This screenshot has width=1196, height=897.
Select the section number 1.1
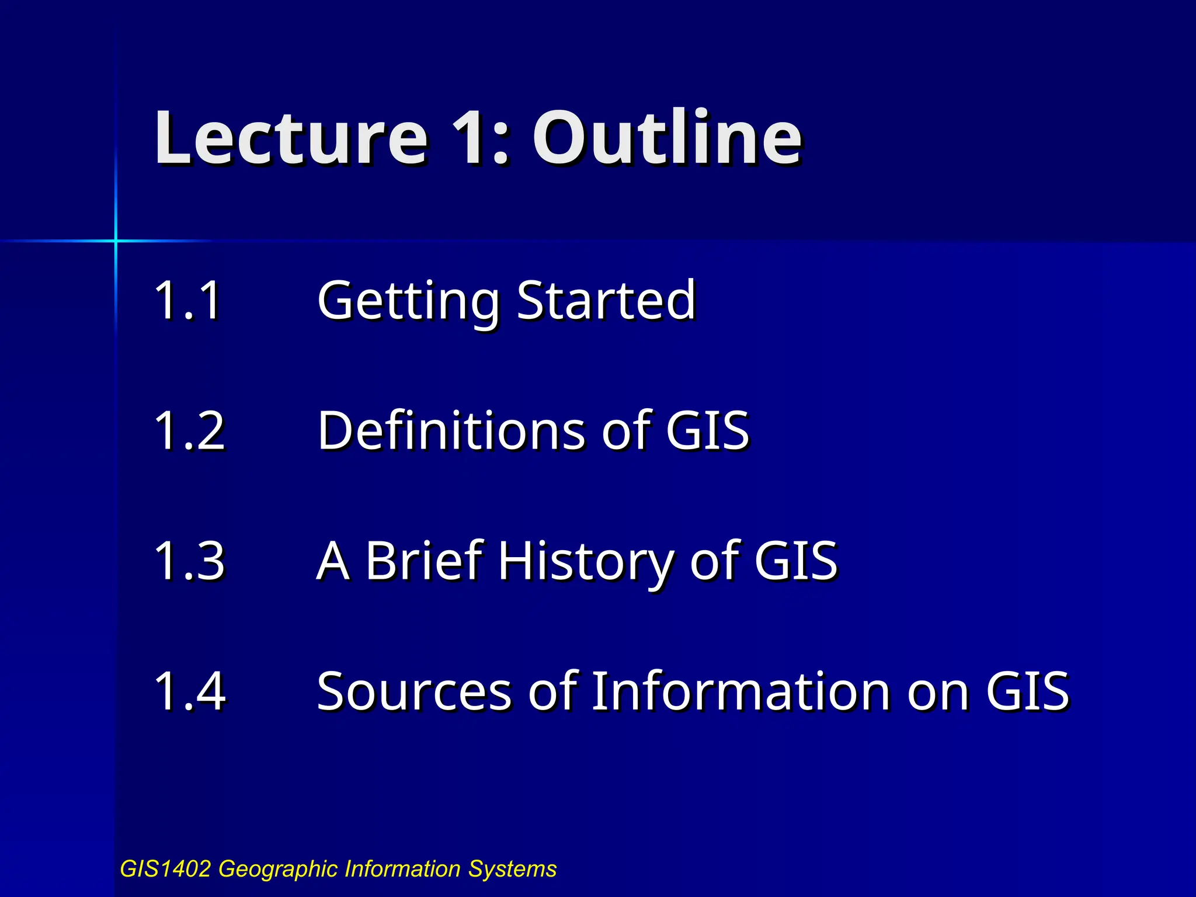click(188, 300)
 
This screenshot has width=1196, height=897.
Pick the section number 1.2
click(189, 430)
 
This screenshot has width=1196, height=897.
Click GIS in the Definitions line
click(707, 430)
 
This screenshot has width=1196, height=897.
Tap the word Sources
click(414, 692)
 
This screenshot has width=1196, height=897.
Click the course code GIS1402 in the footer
click(165, 869)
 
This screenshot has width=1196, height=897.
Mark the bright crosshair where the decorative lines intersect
click(116, 241)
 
